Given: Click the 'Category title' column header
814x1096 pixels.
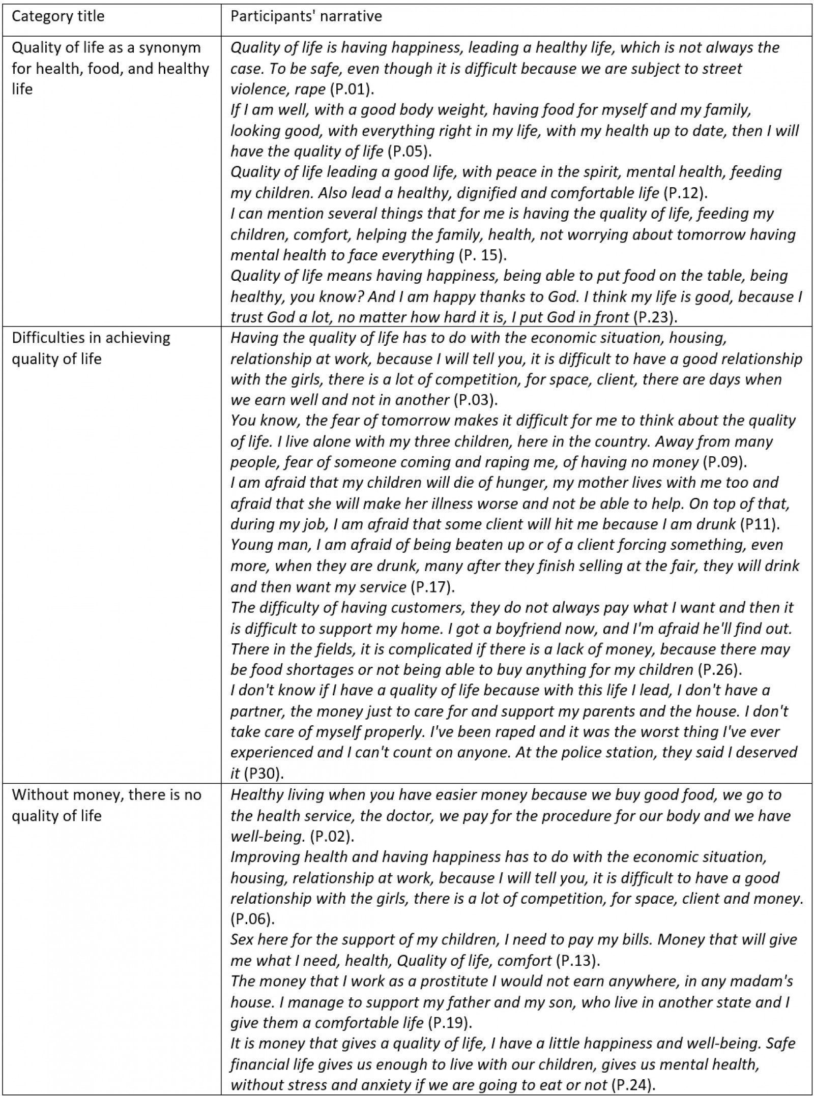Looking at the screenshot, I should click(x=57, y=16).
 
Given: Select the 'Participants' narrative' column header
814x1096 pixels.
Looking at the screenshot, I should click(x=306, y=16).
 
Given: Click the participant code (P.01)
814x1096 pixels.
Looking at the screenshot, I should click(x=352, y=90).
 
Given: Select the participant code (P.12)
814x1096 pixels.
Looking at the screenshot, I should click(x=686, y=193).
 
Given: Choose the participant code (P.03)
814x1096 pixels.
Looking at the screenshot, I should click(x=474, y=400).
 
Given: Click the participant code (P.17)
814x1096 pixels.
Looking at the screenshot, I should click(x=432, y=587).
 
